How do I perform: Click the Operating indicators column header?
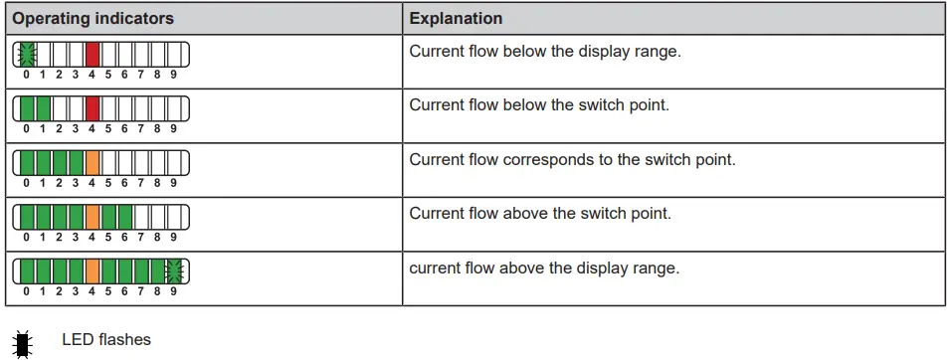(x=93, y=19)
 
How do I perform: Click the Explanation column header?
(x=456, y=19)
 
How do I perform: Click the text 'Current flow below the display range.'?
(x=545, y=51)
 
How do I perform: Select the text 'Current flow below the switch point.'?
(x=539, y=104)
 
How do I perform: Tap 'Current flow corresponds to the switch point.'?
(x=572, y=159)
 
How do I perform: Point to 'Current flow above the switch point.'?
(x=540, y=213)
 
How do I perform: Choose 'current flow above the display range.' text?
(x=544, y=268)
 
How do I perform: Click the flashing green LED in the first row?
(x=27, y=54)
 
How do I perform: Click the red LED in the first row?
(x=93, y=54)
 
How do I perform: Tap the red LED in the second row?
(x=93, y=107)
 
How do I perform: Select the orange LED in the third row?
(x=93, y=162)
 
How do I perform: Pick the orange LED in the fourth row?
(x=93, y=216)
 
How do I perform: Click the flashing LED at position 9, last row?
(x=175, y=270)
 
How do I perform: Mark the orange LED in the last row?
(x=93, y=270)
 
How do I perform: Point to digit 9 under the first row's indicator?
(x=174, y=74)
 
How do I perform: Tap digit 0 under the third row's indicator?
(x=26, y=182)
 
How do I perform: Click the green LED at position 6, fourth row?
(x=125, y=216)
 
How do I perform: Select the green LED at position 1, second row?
(x=43, y=107)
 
